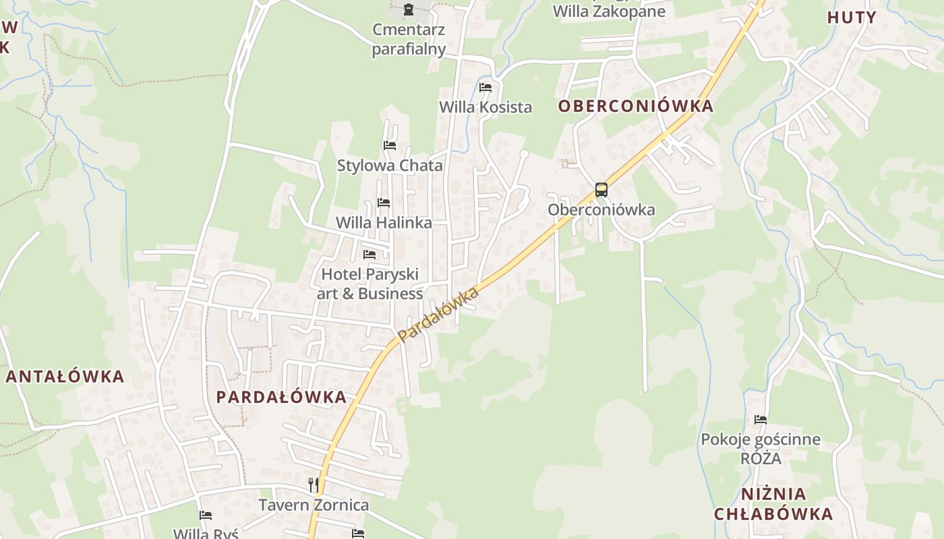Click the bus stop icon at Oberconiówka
point(601,190)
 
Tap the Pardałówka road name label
point(438,314)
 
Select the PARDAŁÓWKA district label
point(282,397)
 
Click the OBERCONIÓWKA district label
point(636,106)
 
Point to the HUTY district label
point(852,18)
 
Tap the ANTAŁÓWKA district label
point(65,377)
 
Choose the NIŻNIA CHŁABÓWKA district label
point(773,504)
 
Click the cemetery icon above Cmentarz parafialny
point(408,9)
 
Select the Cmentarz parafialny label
point(409,39)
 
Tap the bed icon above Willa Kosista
point(485,88)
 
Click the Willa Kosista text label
point(485,107)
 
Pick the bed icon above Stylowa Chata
point(389,146)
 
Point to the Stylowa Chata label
point(390,166)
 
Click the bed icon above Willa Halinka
point(384,202)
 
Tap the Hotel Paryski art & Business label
point(370,284)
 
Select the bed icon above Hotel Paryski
point(370,255)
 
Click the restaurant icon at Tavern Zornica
point(313,484)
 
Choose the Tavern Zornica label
point(314,505)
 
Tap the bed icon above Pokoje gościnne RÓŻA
point(761,420)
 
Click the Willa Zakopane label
point(609,11)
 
